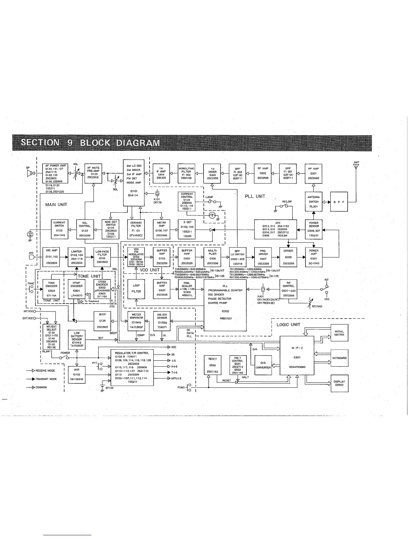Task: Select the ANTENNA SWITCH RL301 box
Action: pyautogui.click(x=313, y=202)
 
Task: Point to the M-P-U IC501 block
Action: pyautogui.click(x=297, y=355)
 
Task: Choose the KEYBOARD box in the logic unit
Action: pyautogui.click(x=340, y=358)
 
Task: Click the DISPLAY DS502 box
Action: pyautogui.click(x=340, y=383)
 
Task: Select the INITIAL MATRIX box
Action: pyautogui.click(x=340, y=333)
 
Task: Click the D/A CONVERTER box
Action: pyautogui.click(x=263, y=365)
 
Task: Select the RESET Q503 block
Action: pyautogui.click(x=212, y=365)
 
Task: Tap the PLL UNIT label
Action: pyautogui.click(x=255, y=196)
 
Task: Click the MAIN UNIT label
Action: pyautogui.click(x=56, y=204)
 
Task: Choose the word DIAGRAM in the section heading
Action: pyautogui.click(x=137, y=143)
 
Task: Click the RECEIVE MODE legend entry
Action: pyautogui.click(x=45, y=371)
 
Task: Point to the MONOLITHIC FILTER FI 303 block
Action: pyautogui.click(x=187, y=173)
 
